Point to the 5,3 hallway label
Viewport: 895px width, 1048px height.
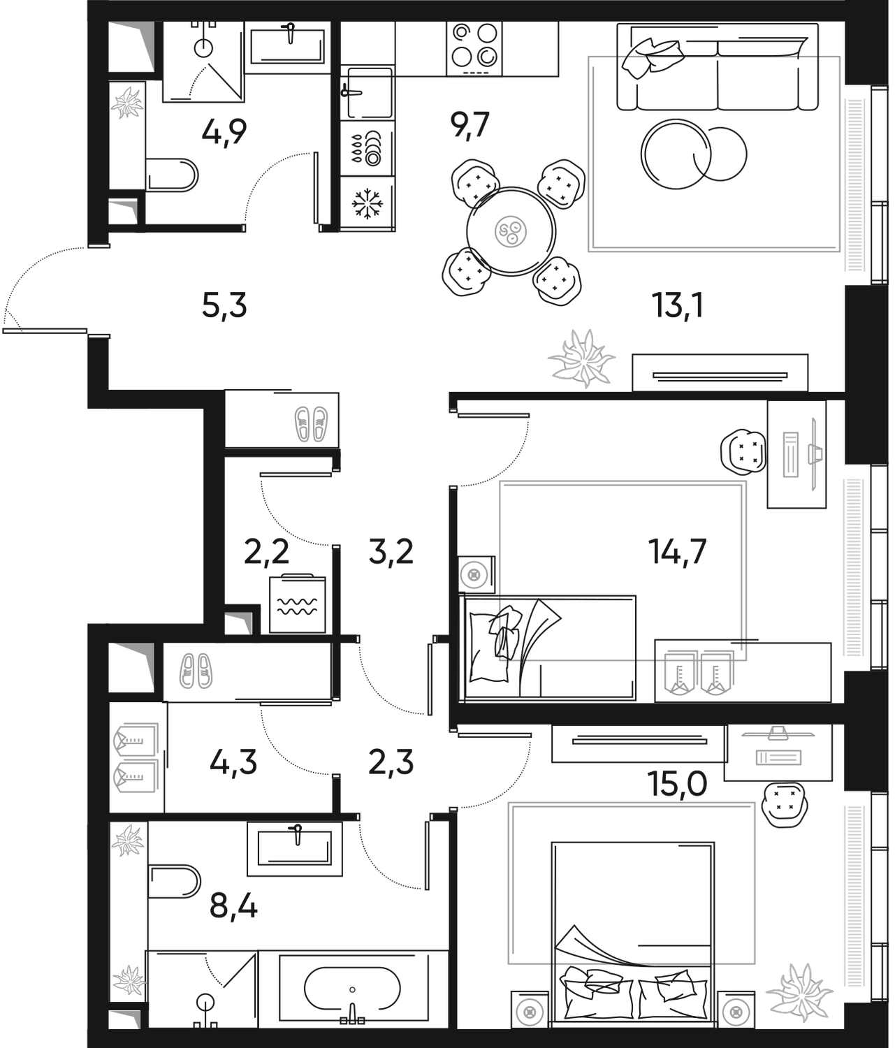(224, 307)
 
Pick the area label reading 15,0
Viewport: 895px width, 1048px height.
(679, 784)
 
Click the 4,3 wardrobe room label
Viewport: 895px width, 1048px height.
(234, 763)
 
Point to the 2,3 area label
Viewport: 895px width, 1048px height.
(391, 763)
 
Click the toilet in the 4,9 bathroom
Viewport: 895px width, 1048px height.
(173, 176)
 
